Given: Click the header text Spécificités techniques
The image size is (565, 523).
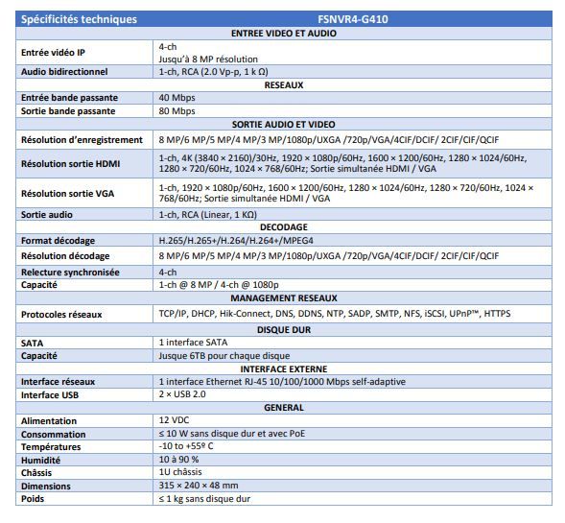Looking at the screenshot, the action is point(79,18).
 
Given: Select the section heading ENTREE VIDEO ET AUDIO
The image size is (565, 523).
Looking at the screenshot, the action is point(283,33).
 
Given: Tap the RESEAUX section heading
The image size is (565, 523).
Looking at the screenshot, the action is point(283,84).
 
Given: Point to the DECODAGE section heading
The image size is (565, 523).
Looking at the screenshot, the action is point(283,227).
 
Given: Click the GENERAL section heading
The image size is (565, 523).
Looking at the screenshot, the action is point(283,407).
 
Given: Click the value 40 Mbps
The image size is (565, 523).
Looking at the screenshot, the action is point(177,98).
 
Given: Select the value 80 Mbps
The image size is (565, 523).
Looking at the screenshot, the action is point(177,111).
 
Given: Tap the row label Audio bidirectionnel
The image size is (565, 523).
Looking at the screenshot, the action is point(64,71).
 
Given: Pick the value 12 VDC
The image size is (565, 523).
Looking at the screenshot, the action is point(175,420).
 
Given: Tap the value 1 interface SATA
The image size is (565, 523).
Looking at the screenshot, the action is point(193,342).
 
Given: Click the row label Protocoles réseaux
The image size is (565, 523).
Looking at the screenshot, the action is point(61,314).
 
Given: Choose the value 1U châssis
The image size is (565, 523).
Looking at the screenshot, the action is point(182,472).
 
